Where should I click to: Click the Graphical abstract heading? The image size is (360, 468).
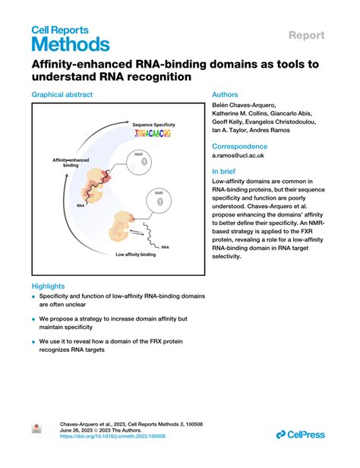62,94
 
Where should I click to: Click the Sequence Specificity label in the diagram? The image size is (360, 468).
152,123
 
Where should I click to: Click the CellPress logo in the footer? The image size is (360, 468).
301,434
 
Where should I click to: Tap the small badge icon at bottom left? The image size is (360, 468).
36,429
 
